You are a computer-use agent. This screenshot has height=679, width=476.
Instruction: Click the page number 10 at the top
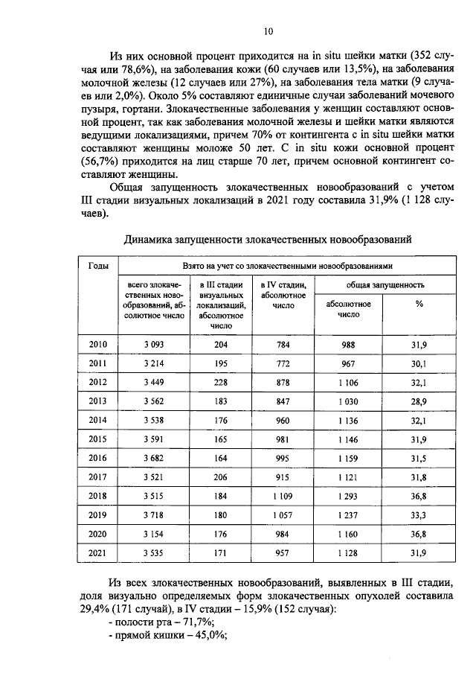pos(268,31)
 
